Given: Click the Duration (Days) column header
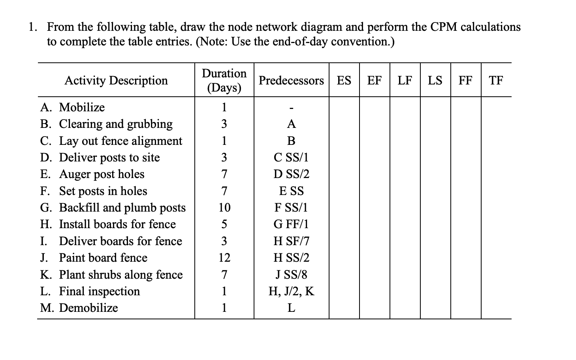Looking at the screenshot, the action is (x=224, y=80).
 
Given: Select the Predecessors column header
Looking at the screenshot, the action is (x=291, y=81).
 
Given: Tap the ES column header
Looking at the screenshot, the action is (x=344, y=81).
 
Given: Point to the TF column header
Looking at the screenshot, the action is (x=496, y=81).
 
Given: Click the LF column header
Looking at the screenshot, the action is (x=405, y=81).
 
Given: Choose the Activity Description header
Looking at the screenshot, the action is (x=116, y=81).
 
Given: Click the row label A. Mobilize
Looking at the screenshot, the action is (x=73, y=107).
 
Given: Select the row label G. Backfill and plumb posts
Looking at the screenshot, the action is (x=113, y=208).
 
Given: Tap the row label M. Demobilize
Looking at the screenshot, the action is (x=79, y=308).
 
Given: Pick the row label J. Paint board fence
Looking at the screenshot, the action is (x=94, y=258).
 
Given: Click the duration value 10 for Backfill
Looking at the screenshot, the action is (x=224, y=208).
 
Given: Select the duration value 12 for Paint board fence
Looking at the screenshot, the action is (x=224, y=258).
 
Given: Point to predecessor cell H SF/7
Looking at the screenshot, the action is (x=291, y=241).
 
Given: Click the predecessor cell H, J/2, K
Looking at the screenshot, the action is (x=291, y=291).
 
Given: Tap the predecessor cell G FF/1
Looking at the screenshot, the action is (x=291, y=224).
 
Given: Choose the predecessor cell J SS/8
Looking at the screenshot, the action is (x=291, y=274).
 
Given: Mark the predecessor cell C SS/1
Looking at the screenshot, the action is (x=291, y=157).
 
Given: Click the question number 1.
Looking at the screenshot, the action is (x=33, y=27).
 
